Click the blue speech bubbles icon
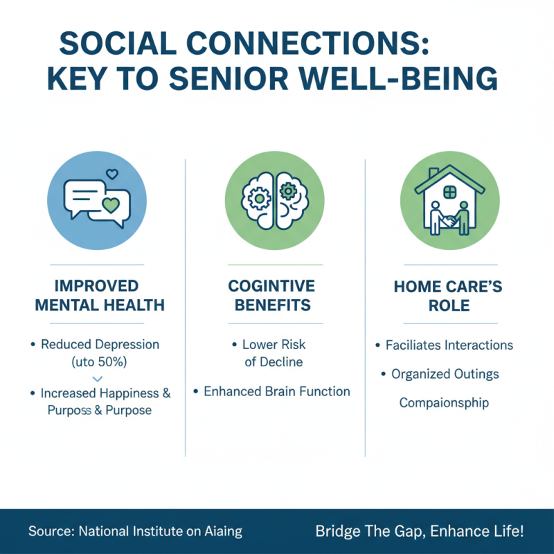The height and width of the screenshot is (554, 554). point(97,200)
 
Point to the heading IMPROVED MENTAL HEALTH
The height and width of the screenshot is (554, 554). point(97,296)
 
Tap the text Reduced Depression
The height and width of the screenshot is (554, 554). point(100,344)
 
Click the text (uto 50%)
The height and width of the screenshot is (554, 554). point(97,361)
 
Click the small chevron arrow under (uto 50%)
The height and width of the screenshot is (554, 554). point(97,379)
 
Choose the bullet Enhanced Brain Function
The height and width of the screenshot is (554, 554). point(276,391)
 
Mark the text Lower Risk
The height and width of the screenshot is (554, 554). point(274,344)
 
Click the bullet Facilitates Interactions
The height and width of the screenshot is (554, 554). point(449,345)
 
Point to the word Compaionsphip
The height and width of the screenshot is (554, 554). point(443,403)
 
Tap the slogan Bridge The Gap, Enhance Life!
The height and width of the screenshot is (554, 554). point(420,532)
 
